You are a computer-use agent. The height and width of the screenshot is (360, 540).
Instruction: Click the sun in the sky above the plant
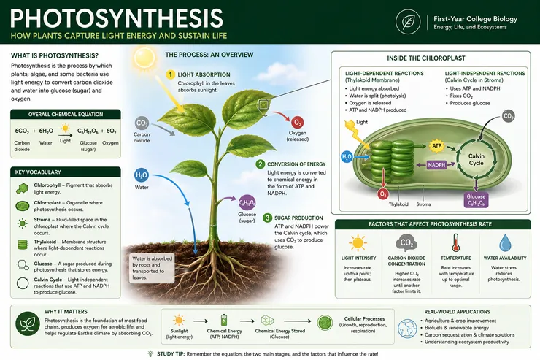point(144,58)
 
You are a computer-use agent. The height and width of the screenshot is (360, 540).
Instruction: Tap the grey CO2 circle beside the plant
point(142,123)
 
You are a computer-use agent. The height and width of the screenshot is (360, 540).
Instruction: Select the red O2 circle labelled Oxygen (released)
point(297,123)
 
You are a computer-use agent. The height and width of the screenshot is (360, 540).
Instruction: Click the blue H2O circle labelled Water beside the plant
point(141,175)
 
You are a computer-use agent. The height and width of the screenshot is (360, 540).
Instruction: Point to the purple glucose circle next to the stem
point(247,202)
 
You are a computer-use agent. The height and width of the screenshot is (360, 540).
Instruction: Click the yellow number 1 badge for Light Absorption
point(171,74)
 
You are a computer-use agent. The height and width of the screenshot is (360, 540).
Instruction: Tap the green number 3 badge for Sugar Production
point(267,218)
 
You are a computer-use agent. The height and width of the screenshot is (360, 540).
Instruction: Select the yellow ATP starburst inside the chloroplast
point(436,146)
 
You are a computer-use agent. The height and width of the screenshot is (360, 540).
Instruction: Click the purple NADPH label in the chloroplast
point(436,165)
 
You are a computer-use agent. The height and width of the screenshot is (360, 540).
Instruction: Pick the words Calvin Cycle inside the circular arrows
point(477,159)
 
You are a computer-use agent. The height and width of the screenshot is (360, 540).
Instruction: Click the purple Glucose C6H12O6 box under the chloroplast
point(476,200)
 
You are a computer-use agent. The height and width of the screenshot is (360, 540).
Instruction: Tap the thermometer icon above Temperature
point(455,242)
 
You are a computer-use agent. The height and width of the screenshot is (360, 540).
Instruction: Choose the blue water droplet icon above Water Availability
point(505,242)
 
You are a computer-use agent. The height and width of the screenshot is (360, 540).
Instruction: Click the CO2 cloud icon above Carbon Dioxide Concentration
point(406,243)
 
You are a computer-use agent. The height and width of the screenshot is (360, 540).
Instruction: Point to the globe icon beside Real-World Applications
point(407,328)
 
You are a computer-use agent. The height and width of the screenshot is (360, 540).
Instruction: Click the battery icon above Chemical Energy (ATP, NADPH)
point(224,320)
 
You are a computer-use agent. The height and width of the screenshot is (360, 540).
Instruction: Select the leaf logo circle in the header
point(408,22)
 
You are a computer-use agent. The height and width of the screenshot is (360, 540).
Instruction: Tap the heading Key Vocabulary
point(38,172)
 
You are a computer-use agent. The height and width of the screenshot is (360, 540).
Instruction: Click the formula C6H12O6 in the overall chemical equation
point(88,131)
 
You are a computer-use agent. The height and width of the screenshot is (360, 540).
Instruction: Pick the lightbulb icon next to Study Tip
point(150,353)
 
